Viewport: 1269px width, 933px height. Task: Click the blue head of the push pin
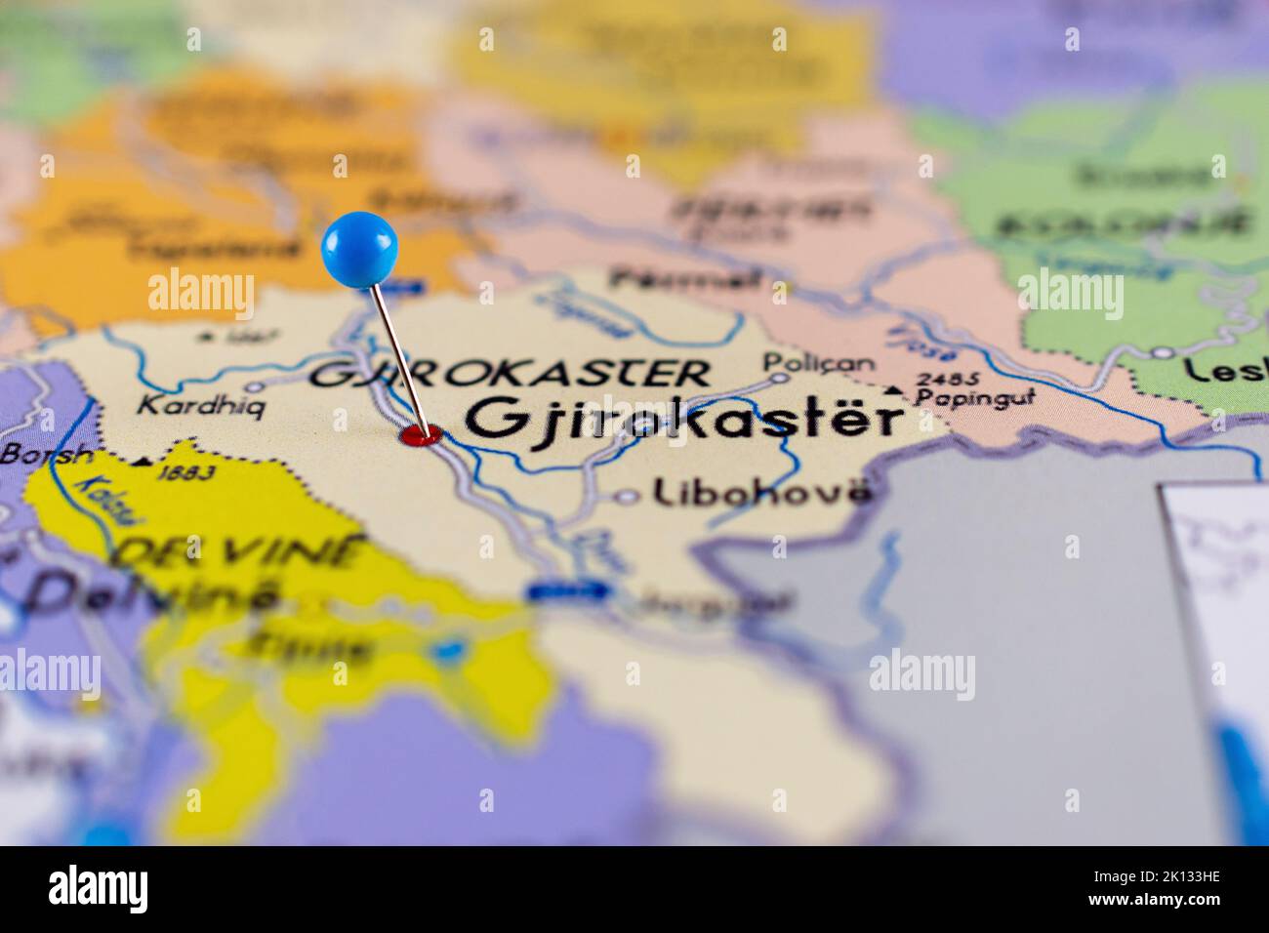point(359,249)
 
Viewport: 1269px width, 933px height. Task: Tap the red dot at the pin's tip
point(421,435)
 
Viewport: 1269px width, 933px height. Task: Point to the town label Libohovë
point(761,492)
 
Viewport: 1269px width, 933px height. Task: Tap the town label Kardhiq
point(199,405)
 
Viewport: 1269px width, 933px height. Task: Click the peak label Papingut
point(975,397)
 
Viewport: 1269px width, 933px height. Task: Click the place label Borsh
point(48,454)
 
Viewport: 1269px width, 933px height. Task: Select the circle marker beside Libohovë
point(626,497)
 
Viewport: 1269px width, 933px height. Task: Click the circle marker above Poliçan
point(778,377)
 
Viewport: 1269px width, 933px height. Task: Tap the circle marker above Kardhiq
point(256,385)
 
